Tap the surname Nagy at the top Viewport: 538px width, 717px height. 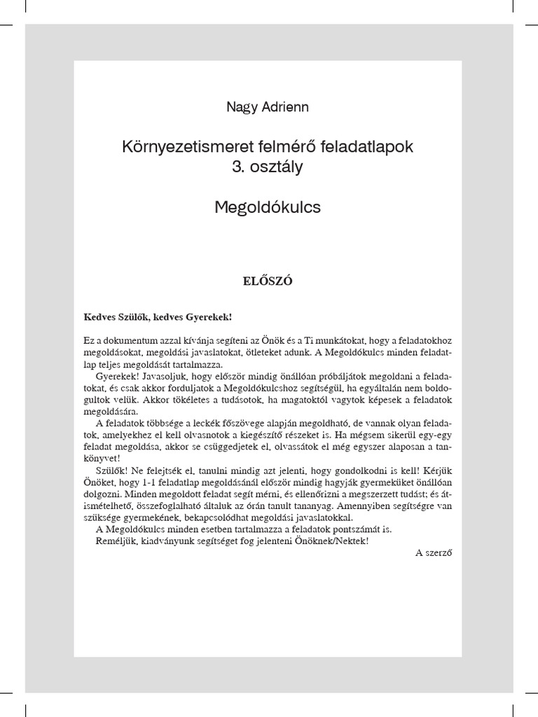(242, 107)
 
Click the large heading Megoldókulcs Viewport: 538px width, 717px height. (268, 208)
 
